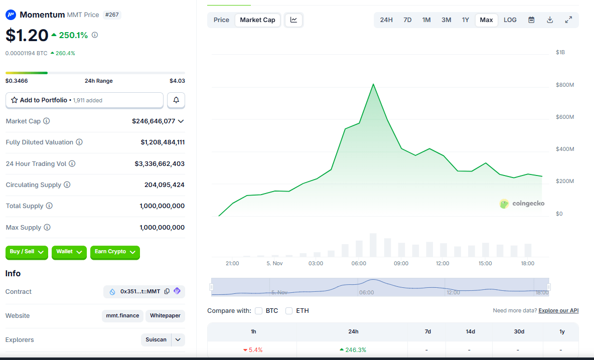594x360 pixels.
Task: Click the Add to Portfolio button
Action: [x=84, y=100]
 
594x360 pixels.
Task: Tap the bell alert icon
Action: [x=176, y=100]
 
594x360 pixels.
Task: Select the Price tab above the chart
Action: [x=221, y=20]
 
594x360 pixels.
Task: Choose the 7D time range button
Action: [x=407, y=20]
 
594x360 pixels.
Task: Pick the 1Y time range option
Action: [x=466, y=20]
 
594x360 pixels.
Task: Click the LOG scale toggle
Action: [x=510, y=20]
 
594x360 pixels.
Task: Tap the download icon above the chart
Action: [x=550, y=20]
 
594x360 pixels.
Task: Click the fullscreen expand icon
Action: [x=568, y=20]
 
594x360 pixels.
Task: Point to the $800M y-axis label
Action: [x=564, y=85]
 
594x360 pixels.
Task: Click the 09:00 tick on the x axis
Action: [x=401, y=263]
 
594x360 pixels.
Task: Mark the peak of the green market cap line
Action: [x=373, y=84]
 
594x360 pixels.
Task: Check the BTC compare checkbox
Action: [x=259, y=311]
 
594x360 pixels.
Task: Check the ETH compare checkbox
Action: [x=289, y=311]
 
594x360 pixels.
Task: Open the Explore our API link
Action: [x=558, y=311]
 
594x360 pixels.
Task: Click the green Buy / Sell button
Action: [x=27, y=252]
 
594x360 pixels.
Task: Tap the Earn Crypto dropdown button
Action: [x=115, y=252]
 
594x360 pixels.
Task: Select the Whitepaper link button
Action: [x=165, y=316]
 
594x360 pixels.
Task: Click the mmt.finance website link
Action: [x=122, y=316]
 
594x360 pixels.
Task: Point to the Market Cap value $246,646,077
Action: [x=154, y=121]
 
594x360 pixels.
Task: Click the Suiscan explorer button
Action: [x=156, y=340]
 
